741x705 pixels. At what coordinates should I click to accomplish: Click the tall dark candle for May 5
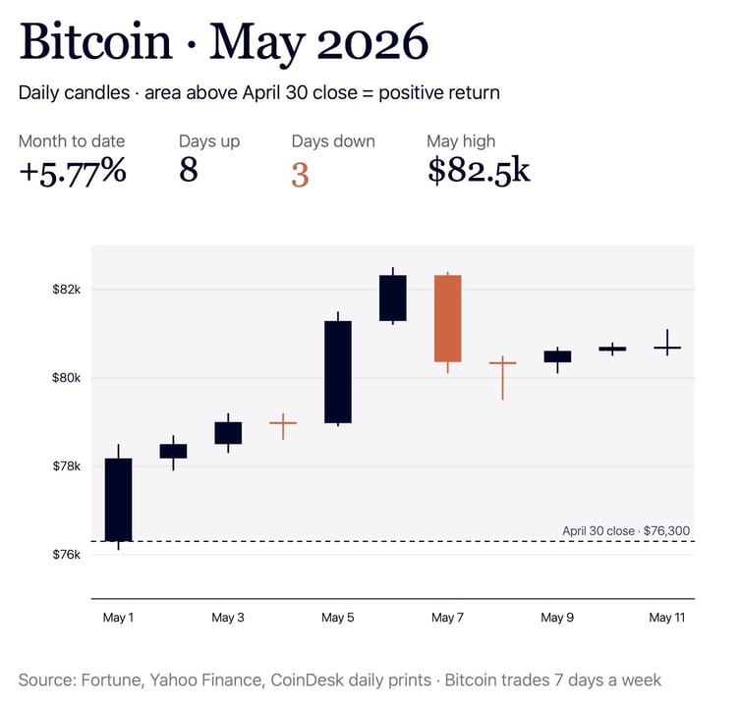[x=338, y=371]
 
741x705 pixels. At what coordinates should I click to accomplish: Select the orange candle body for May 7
[x=447, y=319]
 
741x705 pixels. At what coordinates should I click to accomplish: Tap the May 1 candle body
[x=118, y=500]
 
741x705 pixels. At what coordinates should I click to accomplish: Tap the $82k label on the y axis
[x=67, y=289]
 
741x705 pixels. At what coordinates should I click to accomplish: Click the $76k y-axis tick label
[x=67, y=555]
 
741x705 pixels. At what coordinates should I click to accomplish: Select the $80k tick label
[x=67, y=378]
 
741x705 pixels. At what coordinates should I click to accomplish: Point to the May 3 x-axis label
[x=228, y=618]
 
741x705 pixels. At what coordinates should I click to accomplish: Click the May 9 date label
[x=557, y=618]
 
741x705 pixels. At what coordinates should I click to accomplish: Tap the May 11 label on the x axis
[x=667, y=618]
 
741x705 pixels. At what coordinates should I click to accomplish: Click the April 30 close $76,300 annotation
[x=626, y=531]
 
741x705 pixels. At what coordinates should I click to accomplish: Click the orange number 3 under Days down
[x=300, y=175]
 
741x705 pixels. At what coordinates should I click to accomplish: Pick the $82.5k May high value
[x=479, y=170]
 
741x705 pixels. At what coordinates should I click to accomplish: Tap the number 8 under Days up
[x=189, y=170]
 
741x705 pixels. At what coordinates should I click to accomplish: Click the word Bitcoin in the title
[x=95, y=41]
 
